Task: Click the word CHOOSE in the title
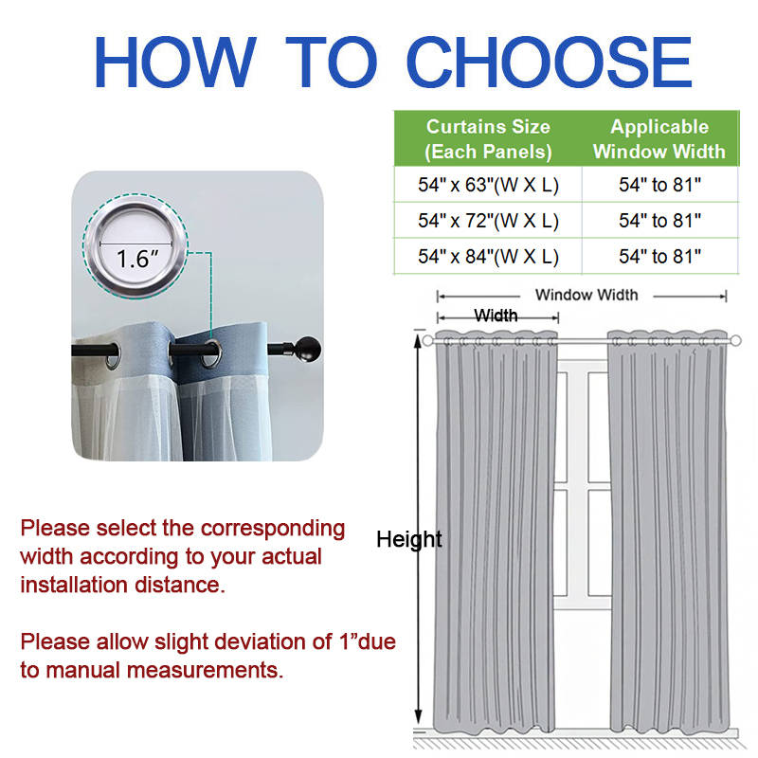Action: pyautogui.click(x=550, y=62)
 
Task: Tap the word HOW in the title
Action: pyautogui.click(x=174, y=62)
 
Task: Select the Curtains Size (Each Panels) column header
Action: pyautogui.click(x=488, y=139)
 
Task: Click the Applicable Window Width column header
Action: pyautogui.click(x=659, y=139)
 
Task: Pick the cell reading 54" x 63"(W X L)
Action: pyautogui.click(x=488, y=185)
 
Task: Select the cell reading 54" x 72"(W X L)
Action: pyautogui.click(x=488, y=221)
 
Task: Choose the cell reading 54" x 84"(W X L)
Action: pyautogui.click(x=488, y=256)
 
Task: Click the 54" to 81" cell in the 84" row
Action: pyautogui.click(x=659, y=256)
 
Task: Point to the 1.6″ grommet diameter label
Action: pyautogui.click(x=137, y=259)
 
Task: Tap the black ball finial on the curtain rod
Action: pyautogui.click(x=307, y=349)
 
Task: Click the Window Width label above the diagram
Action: pyautogui.click(x=587, y=295)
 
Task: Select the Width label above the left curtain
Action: pyautogui.click(x=496, y=316)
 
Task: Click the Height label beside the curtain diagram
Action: pyautogui.click(x=409, y=539)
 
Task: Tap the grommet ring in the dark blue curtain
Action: pyautogui.click(x=211, y=354)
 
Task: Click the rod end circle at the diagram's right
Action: pyautogui.click(x=735, y=341)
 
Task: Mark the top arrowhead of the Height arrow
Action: pyautogui.click(x=418, y=339)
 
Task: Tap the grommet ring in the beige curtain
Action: pyautogui.click(x=113, y=356)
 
